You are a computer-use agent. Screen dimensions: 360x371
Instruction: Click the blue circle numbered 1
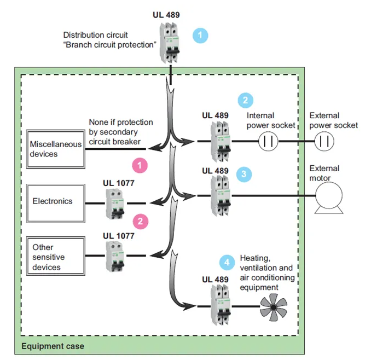click(201, 36)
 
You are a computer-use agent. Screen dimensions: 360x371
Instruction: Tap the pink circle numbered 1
click(141, 164)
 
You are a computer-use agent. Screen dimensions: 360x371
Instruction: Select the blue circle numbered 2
click(245, 100)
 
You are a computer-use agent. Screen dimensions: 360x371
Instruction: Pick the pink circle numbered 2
click(141, 221)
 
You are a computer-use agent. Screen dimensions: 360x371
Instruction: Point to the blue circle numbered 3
click(245, 175)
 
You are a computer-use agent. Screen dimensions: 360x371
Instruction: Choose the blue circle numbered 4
click(226, 262)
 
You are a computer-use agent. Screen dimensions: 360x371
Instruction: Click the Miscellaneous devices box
click(56, 149)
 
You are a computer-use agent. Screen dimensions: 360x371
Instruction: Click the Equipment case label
click(53, 346)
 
